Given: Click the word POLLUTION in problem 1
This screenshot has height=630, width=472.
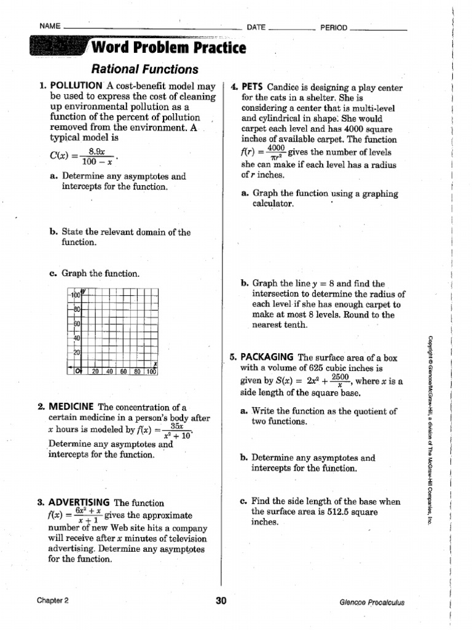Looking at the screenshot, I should (76, 86).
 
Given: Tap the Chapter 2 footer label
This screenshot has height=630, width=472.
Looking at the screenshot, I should (52, 602).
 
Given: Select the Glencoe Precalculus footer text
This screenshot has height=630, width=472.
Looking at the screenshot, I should (372, 602).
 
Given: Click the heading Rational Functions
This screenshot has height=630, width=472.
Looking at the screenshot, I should (145, 70).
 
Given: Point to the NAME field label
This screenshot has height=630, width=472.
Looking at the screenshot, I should (49, 26).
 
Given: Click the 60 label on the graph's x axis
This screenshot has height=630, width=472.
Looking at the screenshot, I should (124, 371).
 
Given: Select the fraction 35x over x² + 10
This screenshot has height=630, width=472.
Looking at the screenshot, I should (178, 431).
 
